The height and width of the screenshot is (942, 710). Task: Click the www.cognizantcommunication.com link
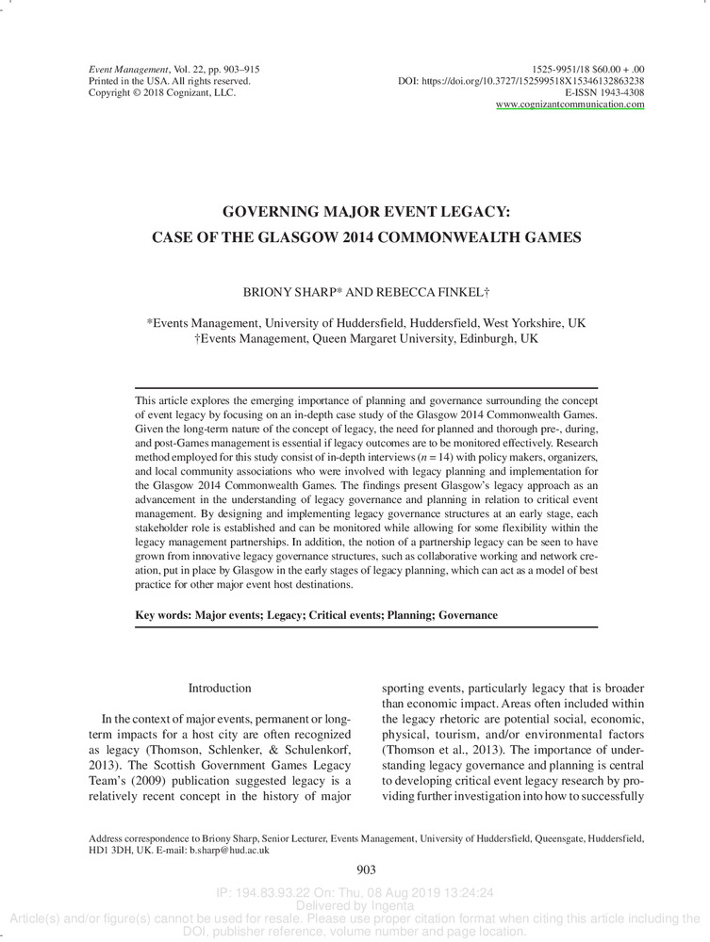click(570, 105)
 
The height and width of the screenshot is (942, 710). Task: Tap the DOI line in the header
click(521, 81)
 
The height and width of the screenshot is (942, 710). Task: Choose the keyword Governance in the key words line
click(468, 615)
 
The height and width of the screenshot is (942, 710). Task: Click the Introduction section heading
click(220, 689)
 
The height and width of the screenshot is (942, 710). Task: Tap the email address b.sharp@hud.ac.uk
click(229, 850)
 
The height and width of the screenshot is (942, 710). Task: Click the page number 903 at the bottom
click(367, 870)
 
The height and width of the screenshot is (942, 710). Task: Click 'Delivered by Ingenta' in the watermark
click(355, 906)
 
